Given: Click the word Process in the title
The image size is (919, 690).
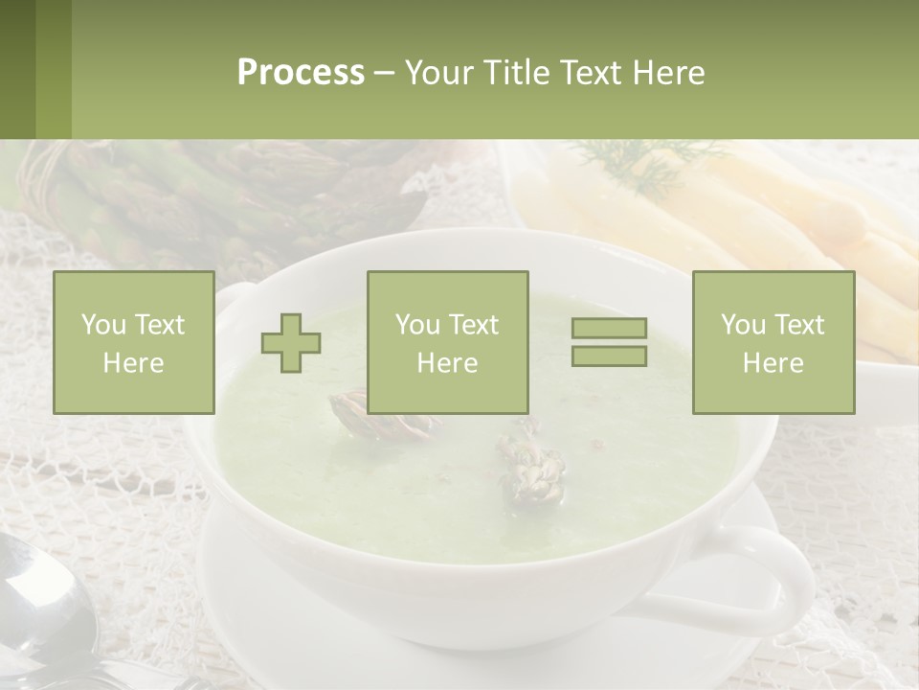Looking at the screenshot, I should point(301,73).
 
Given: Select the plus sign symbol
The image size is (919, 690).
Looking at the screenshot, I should point(291,342).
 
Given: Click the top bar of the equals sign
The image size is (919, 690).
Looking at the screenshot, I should point(609,329).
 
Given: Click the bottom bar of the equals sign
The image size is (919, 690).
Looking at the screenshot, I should point(609,356).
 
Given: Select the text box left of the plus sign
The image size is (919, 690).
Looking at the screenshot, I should point(133,342).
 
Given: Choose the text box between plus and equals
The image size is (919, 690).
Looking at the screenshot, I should point(447,342).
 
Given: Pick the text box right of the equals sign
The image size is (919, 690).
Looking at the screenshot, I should point(773,342).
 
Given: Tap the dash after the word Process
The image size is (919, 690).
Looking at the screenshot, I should point(383,73).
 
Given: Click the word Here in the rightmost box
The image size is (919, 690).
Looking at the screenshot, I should point(773,362).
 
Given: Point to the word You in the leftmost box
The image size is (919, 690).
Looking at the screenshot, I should point(103,325).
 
